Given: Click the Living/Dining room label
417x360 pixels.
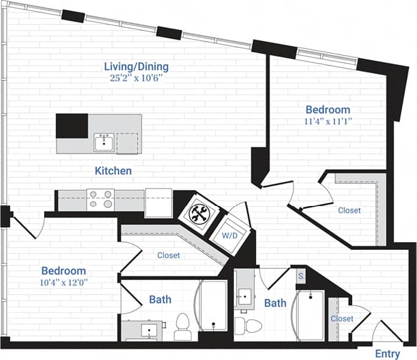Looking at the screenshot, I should (x=136, y=67).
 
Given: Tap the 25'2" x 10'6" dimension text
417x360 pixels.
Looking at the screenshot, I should (x=136, y=78).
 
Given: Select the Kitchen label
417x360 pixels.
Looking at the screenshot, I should (x=113, y=171).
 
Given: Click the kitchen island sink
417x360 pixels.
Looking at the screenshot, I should (x=103, y=144).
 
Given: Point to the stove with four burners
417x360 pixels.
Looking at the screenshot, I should (x=100, y=199).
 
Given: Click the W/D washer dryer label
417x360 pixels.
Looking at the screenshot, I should (x=229, y=235).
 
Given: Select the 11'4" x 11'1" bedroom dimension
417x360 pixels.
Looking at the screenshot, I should (x=328, y=121).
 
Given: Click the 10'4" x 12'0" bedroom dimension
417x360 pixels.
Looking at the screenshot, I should (x=64, y=282).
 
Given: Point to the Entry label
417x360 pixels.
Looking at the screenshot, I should (x=387, y=354).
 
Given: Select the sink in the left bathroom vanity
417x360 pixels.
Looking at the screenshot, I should (x=148, y=330).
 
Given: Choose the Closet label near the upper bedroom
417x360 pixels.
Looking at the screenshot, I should (x=349, y=210).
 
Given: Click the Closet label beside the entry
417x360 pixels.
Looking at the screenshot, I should (x=342, y=318).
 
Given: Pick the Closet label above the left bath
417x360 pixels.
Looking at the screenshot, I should (x=168, y=255).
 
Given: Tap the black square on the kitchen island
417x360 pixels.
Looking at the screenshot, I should (x=72, y=126).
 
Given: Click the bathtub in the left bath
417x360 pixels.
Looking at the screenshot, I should (x=212, y=306).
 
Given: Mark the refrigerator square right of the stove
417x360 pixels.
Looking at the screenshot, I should (x=158, y=202).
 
